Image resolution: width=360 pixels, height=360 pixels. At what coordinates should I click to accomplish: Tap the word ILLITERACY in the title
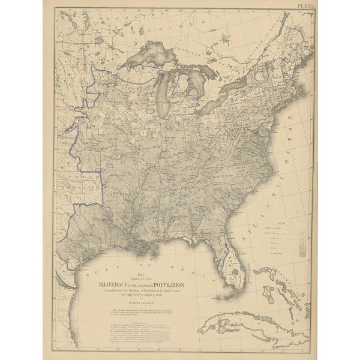pos(124,286)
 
